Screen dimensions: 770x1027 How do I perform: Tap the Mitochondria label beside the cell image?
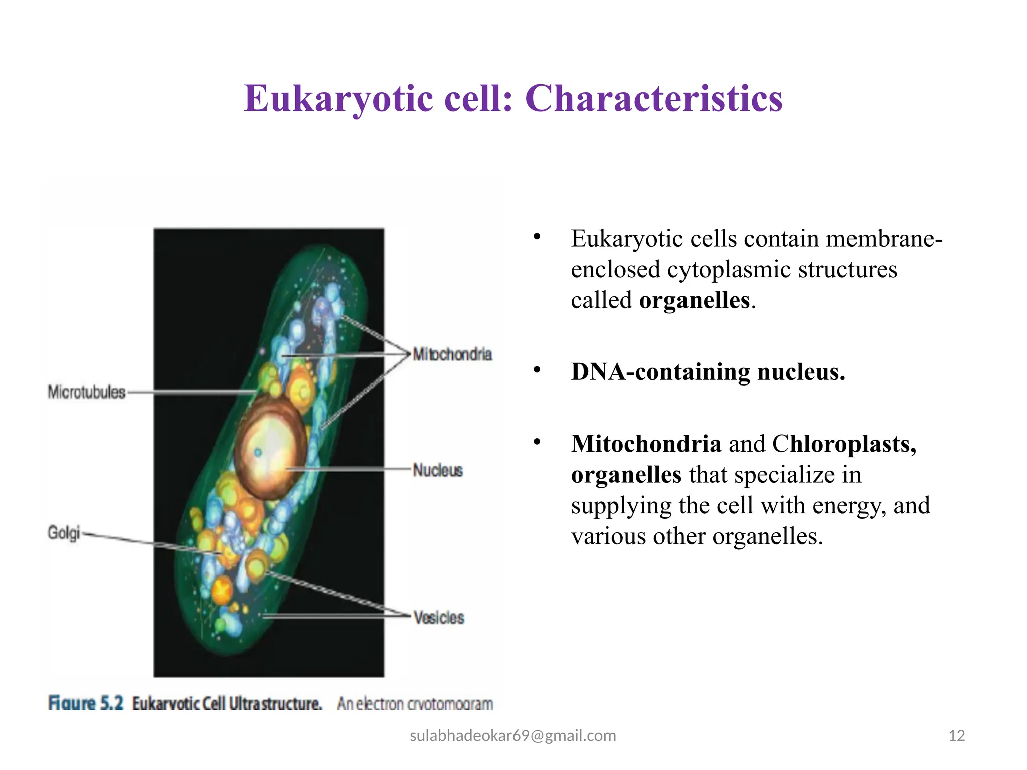click(452, 354)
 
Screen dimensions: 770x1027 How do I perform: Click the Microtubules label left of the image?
click(86, 392)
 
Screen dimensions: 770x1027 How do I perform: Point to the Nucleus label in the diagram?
click(437, 470)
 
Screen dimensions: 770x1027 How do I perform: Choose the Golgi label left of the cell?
click(64, 532)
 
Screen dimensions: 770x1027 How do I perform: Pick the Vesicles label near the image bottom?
click(439, 617)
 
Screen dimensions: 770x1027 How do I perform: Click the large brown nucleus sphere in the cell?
click(271, 446)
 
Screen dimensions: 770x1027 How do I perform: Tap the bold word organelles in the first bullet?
click(694, 301)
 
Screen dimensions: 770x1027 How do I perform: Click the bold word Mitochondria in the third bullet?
click(645, 444)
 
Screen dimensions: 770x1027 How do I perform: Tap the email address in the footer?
click(512, 735)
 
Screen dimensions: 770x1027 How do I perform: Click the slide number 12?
click(956, 736)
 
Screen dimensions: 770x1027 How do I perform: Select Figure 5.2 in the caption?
click(86, 703)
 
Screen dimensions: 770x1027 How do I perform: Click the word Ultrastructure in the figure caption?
click(275, 704)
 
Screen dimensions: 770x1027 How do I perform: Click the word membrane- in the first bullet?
click(884, 239)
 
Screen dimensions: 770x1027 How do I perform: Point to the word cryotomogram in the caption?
click(450, 704)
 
